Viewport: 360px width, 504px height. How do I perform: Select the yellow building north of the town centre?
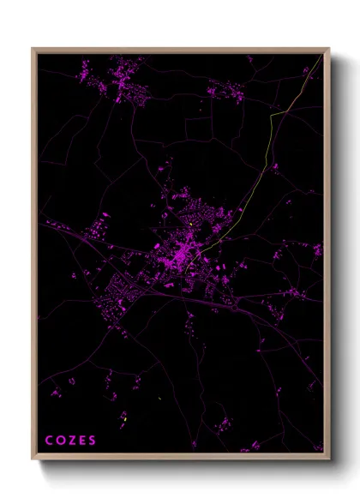pos(190,225)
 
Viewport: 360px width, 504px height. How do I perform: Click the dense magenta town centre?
pos(182,255)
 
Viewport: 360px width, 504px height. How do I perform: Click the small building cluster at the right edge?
pos(316,250)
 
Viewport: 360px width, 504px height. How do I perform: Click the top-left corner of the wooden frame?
pos(33,49)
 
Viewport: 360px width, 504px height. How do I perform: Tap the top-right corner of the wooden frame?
pos(328,49)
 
